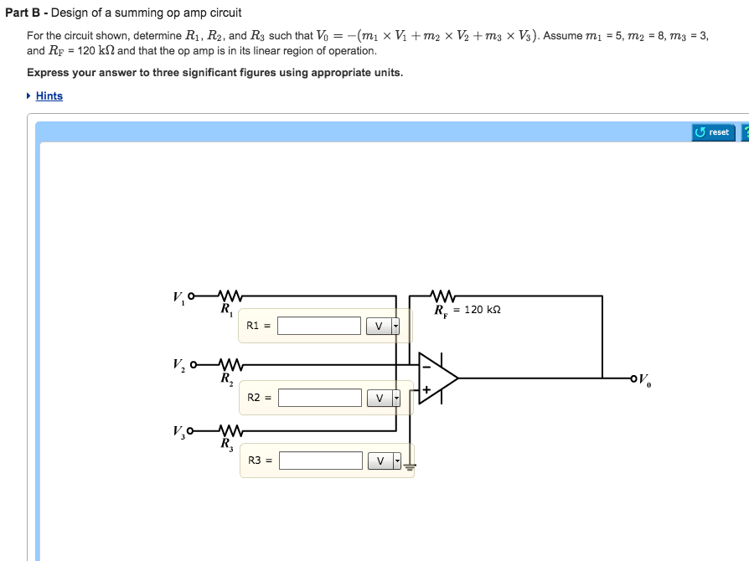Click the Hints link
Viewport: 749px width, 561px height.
click(49, 96)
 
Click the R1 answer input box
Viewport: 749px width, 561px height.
click(319, 326)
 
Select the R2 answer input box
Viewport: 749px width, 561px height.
click(319, 398)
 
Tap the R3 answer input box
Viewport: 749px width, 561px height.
click(320, 461)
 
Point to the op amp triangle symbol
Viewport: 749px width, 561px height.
click(437, 378)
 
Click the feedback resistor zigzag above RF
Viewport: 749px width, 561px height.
click(442, 296)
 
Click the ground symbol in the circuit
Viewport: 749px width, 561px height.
click(410, 466)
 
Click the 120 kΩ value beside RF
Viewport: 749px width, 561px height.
click(482, 310)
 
